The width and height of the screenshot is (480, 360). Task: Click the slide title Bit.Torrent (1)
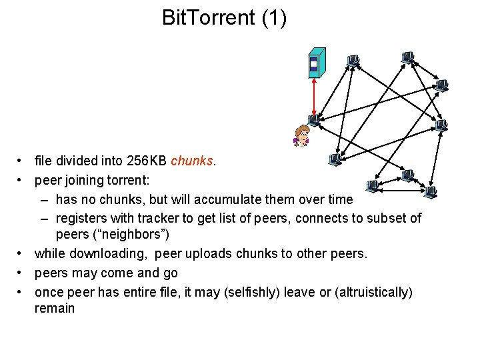point(224,18)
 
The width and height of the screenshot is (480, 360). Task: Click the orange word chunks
point(193,161)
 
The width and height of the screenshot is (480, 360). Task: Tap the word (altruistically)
point(368,292)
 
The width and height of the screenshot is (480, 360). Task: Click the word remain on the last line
point(55,309)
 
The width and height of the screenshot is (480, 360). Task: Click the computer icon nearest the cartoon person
point(314,120)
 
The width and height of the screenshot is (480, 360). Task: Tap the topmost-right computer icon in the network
point(407,57)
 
